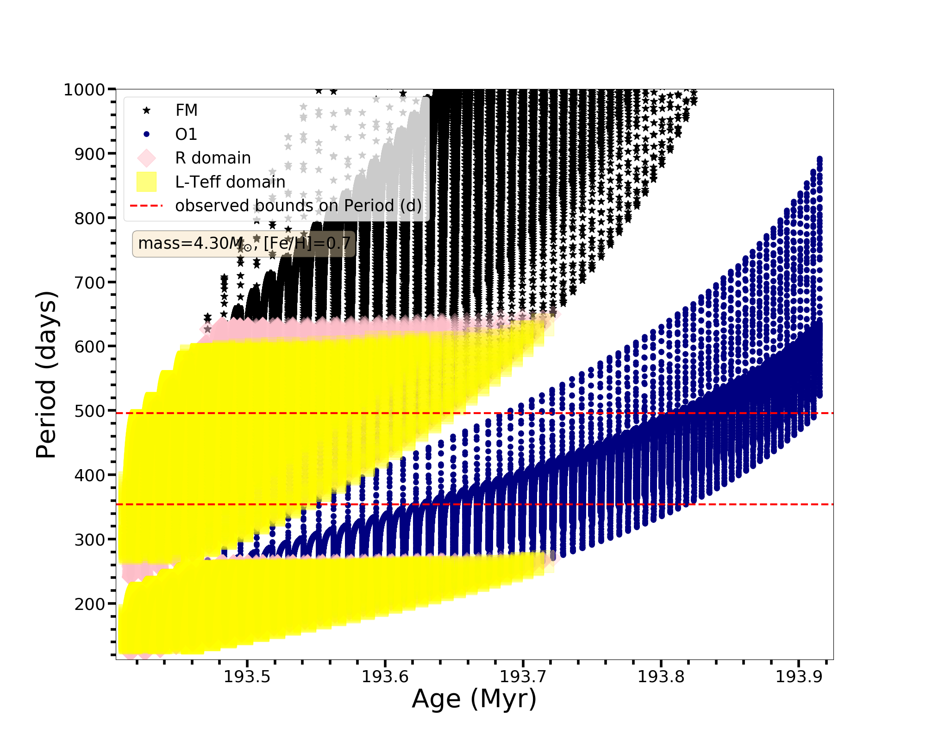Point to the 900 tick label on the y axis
[89, 154]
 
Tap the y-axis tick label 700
[89, 282]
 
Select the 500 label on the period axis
[89, 411]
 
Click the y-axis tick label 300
[89, 540]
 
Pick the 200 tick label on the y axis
[89, 604]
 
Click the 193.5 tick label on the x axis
[247, 677]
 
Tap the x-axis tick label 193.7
[523, 677]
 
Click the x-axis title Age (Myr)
[474, 699]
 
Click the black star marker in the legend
[146, 110]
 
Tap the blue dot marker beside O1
[146, 134]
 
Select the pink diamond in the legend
[146, 158]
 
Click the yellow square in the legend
[146, 182]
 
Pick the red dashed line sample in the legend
[146, 206]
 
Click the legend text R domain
[213, 158]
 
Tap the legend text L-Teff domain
[230, 182]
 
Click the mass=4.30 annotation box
[244, 244]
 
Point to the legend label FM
[187, 110]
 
